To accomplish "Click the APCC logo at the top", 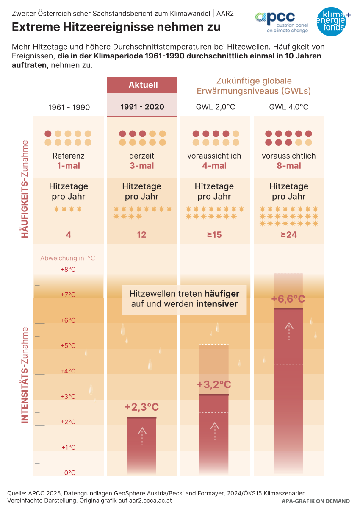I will pyautogui.click(x=281, y=21).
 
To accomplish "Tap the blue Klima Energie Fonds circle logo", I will pyautogui.click(x=334, y=21).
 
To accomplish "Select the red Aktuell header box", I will pyautogui.click(x=142, y=85).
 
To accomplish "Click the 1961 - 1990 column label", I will pyautogui.click(x=69, y=107).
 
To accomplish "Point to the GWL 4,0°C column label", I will pyautogui.click(x=289, y=107).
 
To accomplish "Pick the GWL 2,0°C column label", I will pyautogui.click(x=215, y=107).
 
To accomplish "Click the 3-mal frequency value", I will pyautogui.click(x=141, y=166).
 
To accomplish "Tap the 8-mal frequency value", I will pyautogui.click(x=289, y=166).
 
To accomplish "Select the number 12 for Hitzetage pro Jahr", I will pyautogui.click(x=141, y=234).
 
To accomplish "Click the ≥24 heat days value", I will pyautogui.click(x=289, y=234).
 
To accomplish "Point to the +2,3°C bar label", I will pyautogui.click(x=141, y=407).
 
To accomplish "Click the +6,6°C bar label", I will pyautogui.click(x=288, y=299).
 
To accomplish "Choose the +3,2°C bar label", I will pyautogui.click(x=214, y=385).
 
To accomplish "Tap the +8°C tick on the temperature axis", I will pyautogui.click(x=68, y=269).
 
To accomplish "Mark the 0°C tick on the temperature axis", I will pyautogui.click(x=69, y=473).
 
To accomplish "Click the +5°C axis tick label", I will pyautogui.click(x=68, y=345).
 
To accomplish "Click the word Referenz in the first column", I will pyautogui.click(x=69, y=156).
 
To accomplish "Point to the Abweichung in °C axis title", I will pyautogui.click(x=68, y=258).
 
